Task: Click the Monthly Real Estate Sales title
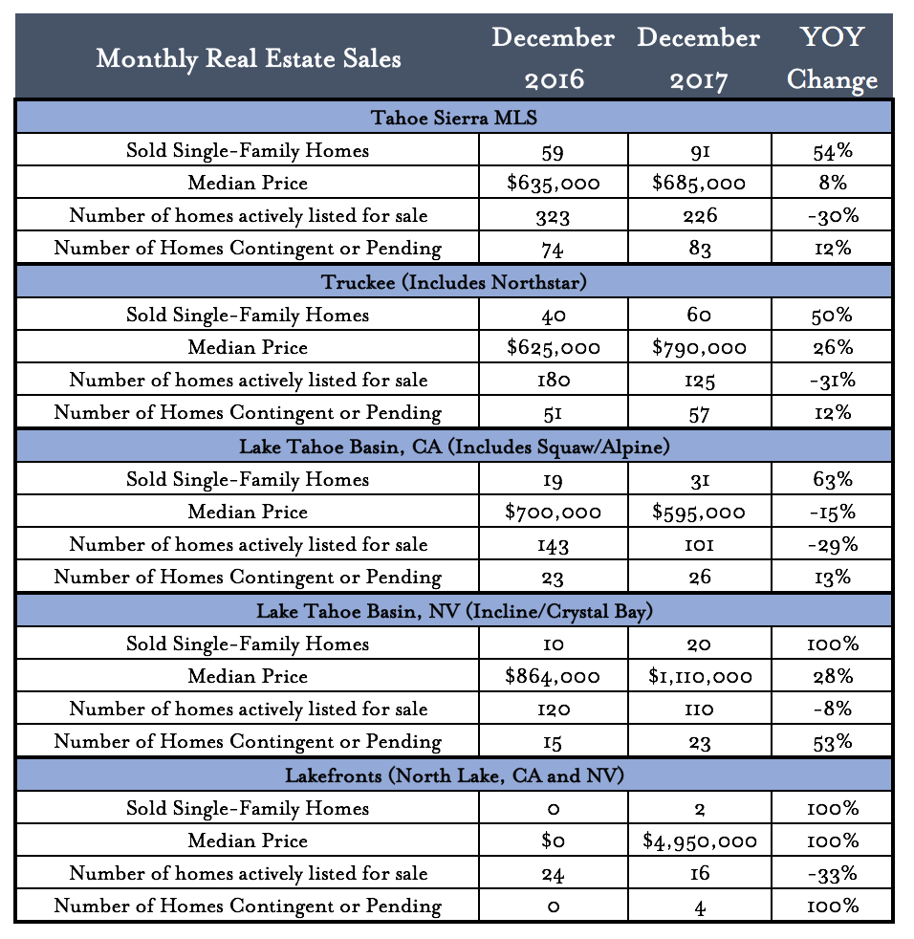tap(249, 59)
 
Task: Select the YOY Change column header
tap(832, 59)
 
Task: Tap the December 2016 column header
tap(553, 59)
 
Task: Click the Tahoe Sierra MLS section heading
tap(453, 118)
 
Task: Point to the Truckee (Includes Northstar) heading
tap(453, 282)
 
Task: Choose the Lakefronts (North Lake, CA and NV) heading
tap(453, 775)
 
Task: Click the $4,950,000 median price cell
tap(699, 841)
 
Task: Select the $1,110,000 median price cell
tap(699, 677)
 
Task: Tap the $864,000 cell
tap(553, 677)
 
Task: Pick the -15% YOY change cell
tap(832, 513)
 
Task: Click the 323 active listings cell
tap(553, 216)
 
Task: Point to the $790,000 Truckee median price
tap(699, 348)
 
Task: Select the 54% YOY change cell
tap(832, 150)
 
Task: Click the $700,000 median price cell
tap(553, 513)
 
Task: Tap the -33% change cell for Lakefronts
tap(832, 874)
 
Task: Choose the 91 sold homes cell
tap(699, 150)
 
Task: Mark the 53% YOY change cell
tap(832, 742)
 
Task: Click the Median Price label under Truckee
tap(248, 348)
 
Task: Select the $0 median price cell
tap(553, 841)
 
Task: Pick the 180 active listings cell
tap(553, 381)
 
